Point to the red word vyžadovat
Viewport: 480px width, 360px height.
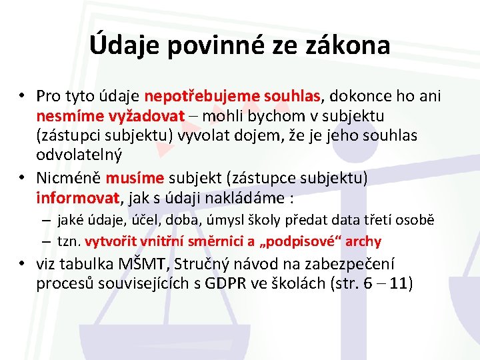tap(138, 116)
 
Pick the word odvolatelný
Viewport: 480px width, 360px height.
tap(79, 155)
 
